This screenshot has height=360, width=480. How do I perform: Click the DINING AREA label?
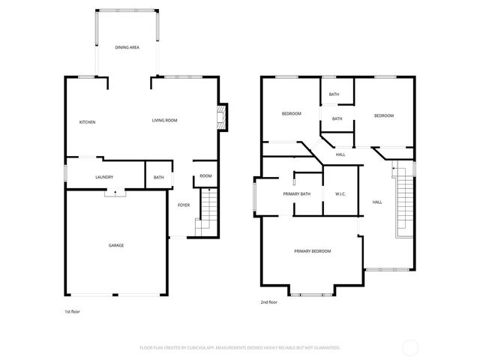coord(127,47)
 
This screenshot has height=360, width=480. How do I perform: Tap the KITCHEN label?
coord(88,122)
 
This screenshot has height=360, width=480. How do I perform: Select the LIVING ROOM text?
coord(164,120)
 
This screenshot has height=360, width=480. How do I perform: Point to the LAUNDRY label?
coord(104,177)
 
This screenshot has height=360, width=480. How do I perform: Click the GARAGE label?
coord(115,245)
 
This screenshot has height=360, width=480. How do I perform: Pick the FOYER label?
coord(183,205)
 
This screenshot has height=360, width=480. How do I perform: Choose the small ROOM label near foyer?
coord(205,176)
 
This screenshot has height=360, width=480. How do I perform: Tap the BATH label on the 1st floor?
coord(158,178)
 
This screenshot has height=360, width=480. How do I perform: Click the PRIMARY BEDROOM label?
coord(312,251)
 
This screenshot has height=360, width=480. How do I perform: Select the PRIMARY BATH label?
coord(296,194)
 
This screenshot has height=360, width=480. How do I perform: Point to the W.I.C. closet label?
coord(340,194)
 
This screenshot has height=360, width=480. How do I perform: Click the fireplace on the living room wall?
coord(221,117)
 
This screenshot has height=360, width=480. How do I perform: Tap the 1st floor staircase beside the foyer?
coord(207,214)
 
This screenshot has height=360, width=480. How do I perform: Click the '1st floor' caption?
coord(73,310)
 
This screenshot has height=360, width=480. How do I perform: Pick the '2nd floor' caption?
coord(268,302)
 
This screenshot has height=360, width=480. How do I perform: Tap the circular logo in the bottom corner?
coord(410,347)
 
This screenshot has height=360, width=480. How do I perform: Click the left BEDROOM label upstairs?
coord(291,113)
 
